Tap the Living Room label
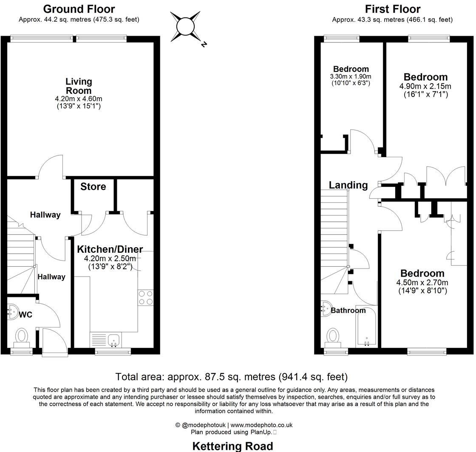tap(79, 86)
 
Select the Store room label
tap(93, 186)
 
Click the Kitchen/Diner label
tap(110, 249)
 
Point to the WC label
tap(25, 315)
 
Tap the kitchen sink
tap(113, 339)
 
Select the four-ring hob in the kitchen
tap(145, 297)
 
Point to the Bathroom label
tap(348, 311)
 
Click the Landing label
tap(348, 185)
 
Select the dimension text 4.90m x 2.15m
tap(425, 86)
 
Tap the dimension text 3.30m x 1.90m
tap(351, 76)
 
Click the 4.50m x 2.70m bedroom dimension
tap(422, 282)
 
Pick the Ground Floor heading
tap(79, 8)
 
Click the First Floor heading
tap(392, 8)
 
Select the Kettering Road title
tap(233, 446)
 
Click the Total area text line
tap(232, 377)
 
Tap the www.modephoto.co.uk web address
tap(261, 425)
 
